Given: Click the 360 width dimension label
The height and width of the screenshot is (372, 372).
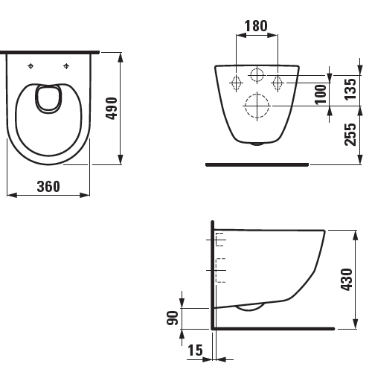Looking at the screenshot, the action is (48, 187).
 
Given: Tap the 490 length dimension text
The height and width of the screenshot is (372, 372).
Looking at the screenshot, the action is (112, 109).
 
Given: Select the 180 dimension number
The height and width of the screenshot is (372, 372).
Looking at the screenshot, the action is (256, 26).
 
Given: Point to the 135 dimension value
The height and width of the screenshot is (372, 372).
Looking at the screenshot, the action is (350, 89).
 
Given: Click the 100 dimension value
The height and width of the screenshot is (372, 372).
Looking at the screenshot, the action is (321, 94).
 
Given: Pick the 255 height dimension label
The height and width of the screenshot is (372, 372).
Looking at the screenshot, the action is (350, 135).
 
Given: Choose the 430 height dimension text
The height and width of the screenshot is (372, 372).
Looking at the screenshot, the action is (347, 279).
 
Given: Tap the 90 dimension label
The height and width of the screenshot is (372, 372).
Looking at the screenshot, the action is (173, 318).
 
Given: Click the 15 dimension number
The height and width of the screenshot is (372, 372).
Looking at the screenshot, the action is (195, 350).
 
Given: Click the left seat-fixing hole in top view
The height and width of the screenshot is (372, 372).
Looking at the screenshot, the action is (31, 66).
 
